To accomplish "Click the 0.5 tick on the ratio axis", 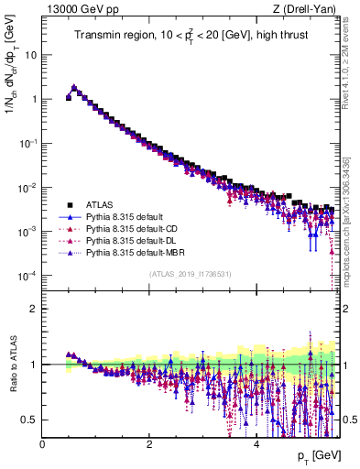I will coord(29,420).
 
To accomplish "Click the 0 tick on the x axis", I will coord(42,444).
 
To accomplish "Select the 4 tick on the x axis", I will coord(256,444).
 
